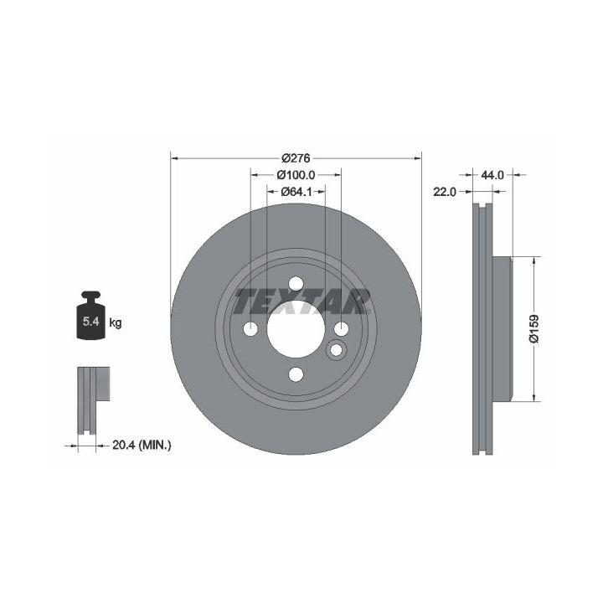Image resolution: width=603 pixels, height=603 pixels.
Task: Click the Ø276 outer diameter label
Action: [296, 158]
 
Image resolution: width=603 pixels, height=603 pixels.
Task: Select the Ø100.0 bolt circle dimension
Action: [296, 175]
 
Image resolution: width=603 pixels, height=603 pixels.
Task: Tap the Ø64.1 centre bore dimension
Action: [296, 191]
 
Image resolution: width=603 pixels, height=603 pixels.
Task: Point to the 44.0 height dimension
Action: [492, 175]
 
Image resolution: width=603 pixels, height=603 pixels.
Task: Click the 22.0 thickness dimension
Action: [445, 191]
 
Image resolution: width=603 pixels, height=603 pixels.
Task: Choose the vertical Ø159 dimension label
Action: [534, 329]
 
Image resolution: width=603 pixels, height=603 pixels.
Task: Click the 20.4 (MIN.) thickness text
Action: [142, 446]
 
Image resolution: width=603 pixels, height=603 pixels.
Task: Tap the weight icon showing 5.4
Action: [90, 316]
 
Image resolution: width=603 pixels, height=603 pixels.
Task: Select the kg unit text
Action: [116, 322]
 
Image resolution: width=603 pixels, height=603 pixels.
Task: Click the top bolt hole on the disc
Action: [296, 283]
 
